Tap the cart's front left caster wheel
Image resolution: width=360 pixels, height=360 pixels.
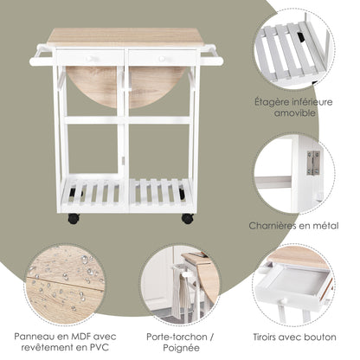pos(74,219)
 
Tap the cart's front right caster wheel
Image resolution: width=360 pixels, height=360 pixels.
pos(187,219)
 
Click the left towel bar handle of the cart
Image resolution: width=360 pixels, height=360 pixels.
pos(41,60)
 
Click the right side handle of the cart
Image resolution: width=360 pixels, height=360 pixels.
pos(210,59)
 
